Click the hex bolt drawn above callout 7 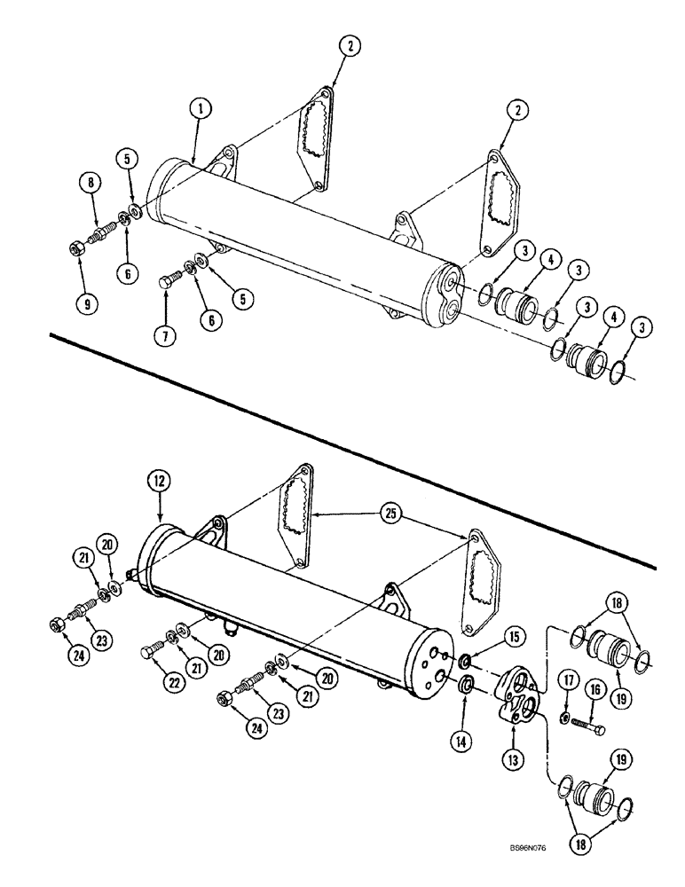click(169, 283)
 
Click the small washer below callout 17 click(564, 716)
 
